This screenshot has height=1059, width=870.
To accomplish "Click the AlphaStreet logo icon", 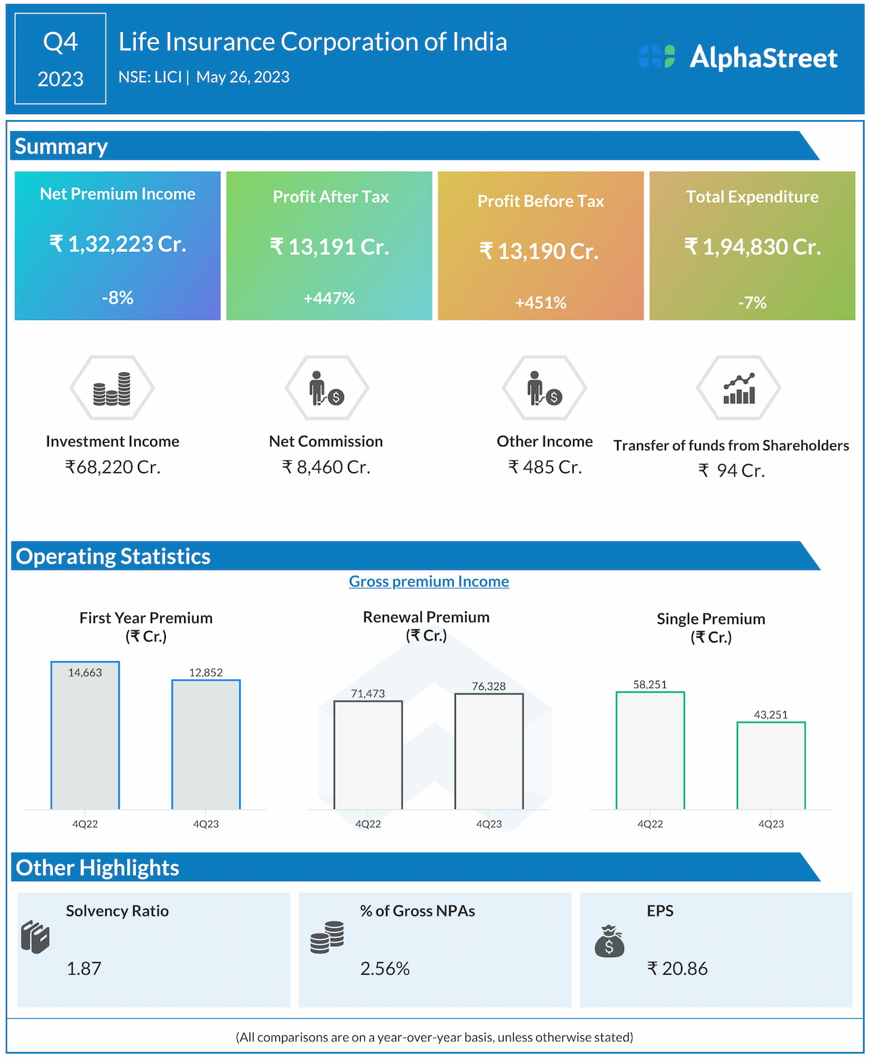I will [x=657, y=56].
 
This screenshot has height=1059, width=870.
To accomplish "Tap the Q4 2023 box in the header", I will [x=60, y=59].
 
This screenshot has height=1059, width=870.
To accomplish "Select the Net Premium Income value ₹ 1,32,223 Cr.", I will [x=118, y=244].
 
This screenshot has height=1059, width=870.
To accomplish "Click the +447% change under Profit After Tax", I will [x=329, y=298].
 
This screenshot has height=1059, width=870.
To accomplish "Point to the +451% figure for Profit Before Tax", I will [x=540, y=303].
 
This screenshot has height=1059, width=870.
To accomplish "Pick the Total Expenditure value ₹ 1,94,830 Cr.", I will [x=752, y=247].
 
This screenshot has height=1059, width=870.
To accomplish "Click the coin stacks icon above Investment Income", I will [x=112, y=389].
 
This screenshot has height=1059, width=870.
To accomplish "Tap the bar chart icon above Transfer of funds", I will [x=739, y=389].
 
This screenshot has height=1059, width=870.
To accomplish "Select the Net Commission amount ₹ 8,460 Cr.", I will [x=326, y=467].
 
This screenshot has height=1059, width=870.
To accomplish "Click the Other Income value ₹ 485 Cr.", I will [x=545, y=467].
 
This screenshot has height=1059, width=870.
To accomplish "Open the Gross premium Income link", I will [x=429, y=581].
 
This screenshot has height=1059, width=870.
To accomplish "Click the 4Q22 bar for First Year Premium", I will [x=85, y=736].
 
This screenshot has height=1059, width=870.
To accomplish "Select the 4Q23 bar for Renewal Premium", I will [x=489, y=751].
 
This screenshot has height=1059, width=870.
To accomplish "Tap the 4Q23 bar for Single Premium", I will [x=771, y=766].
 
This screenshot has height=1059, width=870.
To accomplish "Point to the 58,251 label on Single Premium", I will [x=650, y=684].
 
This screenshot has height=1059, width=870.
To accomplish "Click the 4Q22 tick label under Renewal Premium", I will [x=368, y=824].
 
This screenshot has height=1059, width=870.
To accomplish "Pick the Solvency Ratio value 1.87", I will [x=84, y=969].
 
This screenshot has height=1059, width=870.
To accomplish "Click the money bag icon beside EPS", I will [x=609, y=941].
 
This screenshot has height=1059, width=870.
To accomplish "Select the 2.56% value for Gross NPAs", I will [x=385, y=969].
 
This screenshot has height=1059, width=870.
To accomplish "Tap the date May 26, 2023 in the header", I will [x=243, y=77].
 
